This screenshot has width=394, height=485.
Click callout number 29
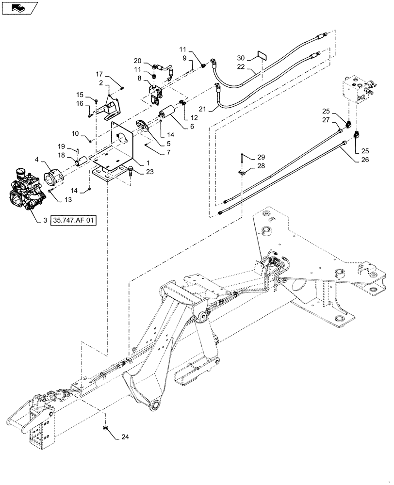tap(261, 156)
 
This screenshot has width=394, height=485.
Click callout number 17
tap(99, 74)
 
